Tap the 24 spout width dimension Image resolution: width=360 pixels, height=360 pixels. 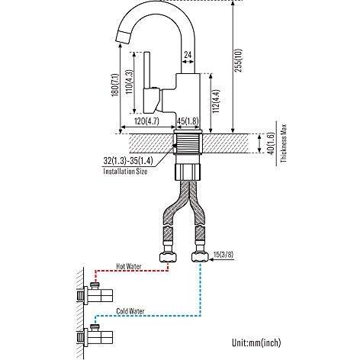click(x=188, y=55)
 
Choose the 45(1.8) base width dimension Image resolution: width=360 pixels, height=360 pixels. click(x=187, y=120)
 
